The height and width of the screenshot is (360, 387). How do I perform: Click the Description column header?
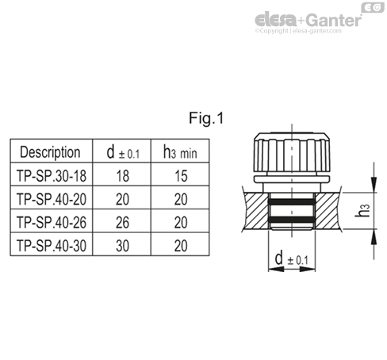pos(50,151)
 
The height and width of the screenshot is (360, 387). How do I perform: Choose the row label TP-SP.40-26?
pos(51,222)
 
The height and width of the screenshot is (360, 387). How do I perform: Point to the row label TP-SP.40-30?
pos(51,246)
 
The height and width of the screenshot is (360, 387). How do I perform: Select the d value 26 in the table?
pos(122,222)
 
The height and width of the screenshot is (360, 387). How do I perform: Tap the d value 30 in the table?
pos(122,246)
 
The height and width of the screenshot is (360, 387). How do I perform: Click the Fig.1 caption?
pos(207,120)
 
